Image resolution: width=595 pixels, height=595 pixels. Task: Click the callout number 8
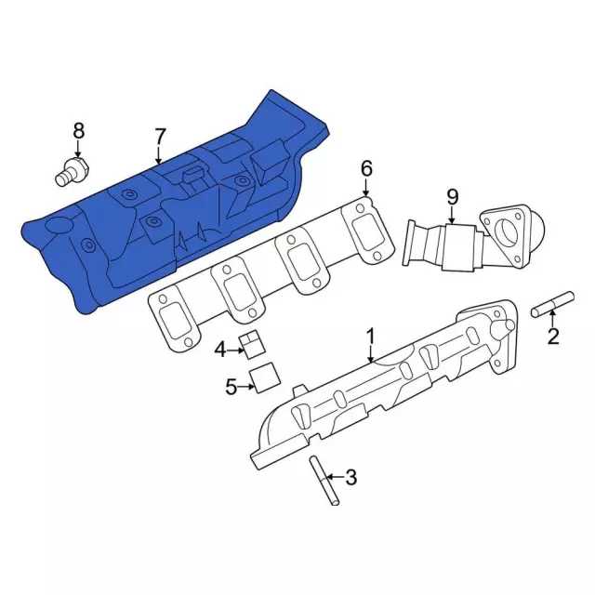tap(78, 131)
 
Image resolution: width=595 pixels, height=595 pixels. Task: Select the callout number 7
tap(160, 137)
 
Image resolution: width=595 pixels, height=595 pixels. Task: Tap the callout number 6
tap(366, 168)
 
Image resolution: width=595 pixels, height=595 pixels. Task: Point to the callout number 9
tap(453, 196)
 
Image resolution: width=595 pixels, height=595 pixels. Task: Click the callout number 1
tap(370, 337)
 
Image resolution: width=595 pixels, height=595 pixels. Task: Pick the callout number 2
tap(553, 336)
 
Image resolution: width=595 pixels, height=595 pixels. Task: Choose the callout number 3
tap(351, 477)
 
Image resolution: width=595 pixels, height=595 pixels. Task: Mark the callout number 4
tap(220, 350)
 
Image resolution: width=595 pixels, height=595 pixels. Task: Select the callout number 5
tap(231, 387)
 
